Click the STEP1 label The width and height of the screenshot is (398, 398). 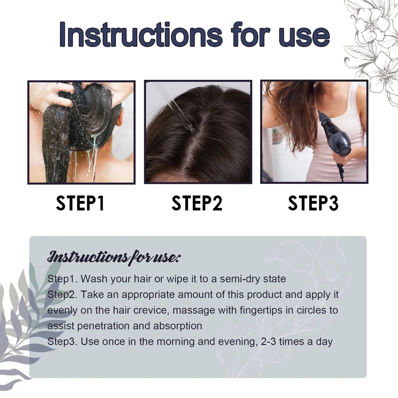pos(80,203)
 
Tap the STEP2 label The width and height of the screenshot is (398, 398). pos(197,203)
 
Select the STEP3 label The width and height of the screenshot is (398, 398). pos(313,203)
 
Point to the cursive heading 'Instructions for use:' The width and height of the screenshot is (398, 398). pos(114,257)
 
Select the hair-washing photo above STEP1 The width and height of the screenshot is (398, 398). pos(81,132)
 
